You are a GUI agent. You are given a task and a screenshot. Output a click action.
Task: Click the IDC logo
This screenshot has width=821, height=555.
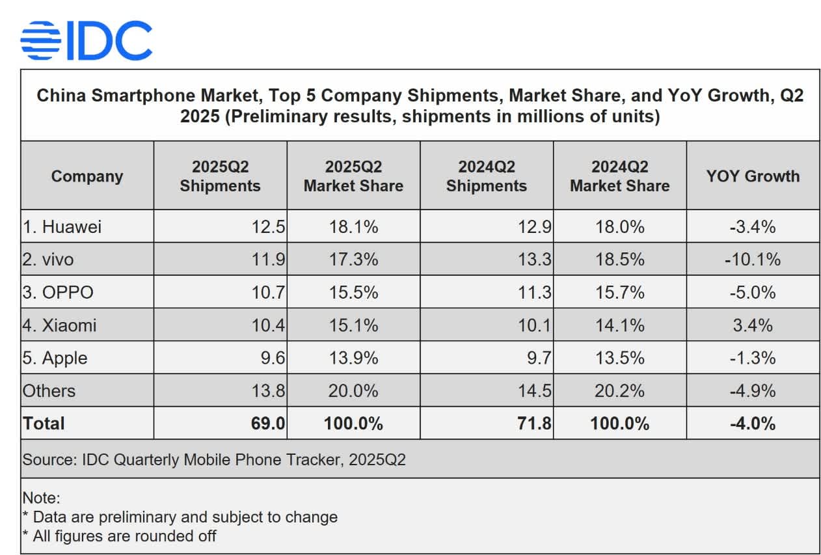[x=87, y=40]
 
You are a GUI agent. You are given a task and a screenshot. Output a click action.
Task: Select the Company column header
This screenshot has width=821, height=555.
[x=87, y=176]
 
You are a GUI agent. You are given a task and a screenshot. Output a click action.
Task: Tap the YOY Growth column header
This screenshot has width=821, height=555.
[x=753, y=176]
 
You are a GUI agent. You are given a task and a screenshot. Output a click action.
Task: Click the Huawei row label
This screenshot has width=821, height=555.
[x=62, y=226]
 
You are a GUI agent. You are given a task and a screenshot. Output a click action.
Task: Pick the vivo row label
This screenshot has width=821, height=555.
[x=48, y=260]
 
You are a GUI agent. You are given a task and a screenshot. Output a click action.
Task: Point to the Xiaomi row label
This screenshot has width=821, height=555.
[x=60, y=325]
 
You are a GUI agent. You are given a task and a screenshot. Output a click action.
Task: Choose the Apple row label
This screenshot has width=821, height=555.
[x=55, y=358]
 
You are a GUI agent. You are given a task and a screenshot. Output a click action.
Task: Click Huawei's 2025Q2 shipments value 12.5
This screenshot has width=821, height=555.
[x=268, y=226]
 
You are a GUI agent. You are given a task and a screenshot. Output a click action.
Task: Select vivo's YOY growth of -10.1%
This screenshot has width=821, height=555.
[x=753, y=260]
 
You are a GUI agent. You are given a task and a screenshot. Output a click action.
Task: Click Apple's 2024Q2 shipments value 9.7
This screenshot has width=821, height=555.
[x=538, y=358]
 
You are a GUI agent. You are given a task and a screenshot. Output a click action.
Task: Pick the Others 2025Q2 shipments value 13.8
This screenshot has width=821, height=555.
[x=268, y=391]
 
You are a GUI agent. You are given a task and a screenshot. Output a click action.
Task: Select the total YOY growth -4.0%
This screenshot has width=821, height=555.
[x=753, y=424]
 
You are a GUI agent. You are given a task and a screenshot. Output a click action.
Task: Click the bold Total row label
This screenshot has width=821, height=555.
[x=44, y=424]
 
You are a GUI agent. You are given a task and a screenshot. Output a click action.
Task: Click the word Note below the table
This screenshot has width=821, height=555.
[x=40, y=498]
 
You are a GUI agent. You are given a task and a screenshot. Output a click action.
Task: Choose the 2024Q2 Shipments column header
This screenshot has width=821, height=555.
[x=487, y=176]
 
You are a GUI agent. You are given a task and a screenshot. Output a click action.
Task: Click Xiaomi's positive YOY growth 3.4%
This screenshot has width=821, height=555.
[x=753, y=325]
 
